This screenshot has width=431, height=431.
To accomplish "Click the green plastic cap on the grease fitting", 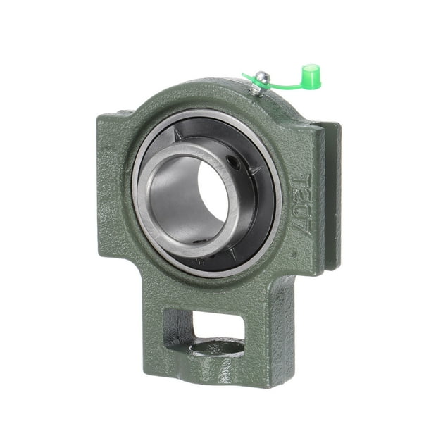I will [311, 76].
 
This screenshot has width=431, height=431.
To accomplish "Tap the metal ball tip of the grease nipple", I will [261, 76].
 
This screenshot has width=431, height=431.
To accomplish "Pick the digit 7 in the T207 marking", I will [300, 224].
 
